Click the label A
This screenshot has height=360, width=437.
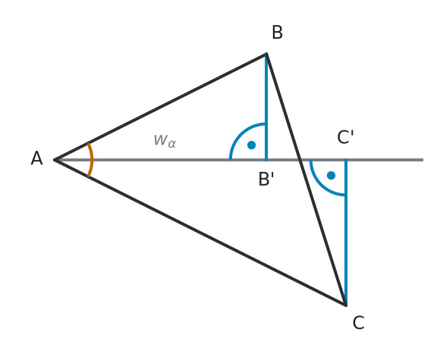(x=36, y=158)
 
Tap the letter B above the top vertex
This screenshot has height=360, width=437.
(x=277, y=33)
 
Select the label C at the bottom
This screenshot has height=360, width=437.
(x=358, y=323)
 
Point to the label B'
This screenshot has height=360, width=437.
(x=266, y=179)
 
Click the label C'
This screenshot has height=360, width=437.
(x=345, y=137)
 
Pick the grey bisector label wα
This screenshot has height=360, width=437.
(x=165, y=141)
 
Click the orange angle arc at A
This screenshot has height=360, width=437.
(x=91, y=160)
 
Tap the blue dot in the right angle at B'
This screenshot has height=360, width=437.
(x=251, y=145)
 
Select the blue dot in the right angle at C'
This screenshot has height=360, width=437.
(x=331, y=175)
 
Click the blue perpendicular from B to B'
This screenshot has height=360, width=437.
(x=266, y=107)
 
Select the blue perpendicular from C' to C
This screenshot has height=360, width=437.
(x=346, y=233)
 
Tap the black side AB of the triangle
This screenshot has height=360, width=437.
(x=160, y=107)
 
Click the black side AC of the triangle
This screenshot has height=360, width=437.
(x=200, y=233)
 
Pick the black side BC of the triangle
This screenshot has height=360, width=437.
(x=307, y=180)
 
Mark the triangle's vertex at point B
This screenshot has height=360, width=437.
(x=266, y=54)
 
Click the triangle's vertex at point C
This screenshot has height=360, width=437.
(x=346, y=305)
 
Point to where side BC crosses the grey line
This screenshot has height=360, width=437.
(x=300, y=160)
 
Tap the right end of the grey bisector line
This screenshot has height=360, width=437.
(x=423, y=160)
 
